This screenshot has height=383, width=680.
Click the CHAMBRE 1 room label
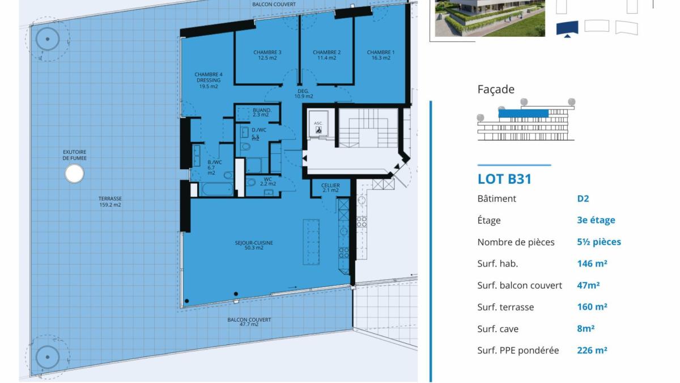coord(381,55)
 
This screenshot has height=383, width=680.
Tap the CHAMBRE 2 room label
coord(327,55)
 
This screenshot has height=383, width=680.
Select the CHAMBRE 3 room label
coord(267,55)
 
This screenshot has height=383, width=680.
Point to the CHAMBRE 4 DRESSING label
coord(209,80)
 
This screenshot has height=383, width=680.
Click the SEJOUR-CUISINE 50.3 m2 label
coord(254,245)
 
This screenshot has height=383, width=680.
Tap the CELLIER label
coord(330,188)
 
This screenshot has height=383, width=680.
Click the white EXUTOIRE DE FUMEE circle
coord(74,174)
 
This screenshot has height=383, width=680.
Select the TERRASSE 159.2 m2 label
coord(109,202)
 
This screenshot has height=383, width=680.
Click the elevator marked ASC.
coord(318,126)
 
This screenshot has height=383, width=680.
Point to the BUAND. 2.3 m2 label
coord(261,112)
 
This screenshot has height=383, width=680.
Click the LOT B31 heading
coord(504,179)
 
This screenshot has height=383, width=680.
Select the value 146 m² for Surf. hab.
coord(592,264)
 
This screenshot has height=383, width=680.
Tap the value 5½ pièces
coord(599,242)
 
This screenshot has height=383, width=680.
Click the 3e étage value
coord(596,220)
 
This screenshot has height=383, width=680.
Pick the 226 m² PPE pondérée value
coord(592,351)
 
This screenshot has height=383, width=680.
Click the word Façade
coord(496,89)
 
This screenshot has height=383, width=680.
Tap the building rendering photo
coord(490,18)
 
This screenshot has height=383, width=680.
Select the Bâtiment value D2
coord(583,199)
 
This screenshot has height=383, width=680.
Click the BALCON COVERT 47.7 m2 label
coord(249,322)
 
